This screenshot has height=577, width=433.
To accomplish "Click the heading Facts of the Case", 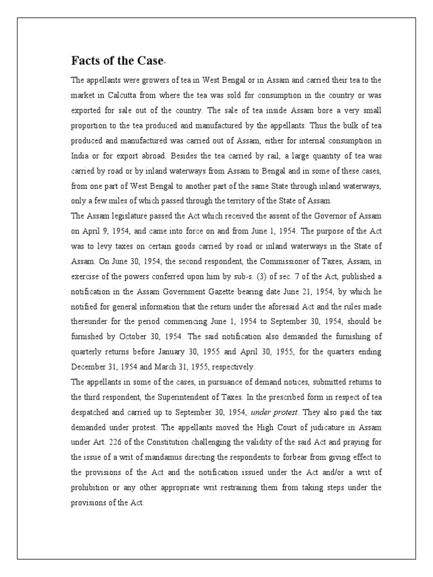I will click(117, 60).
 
